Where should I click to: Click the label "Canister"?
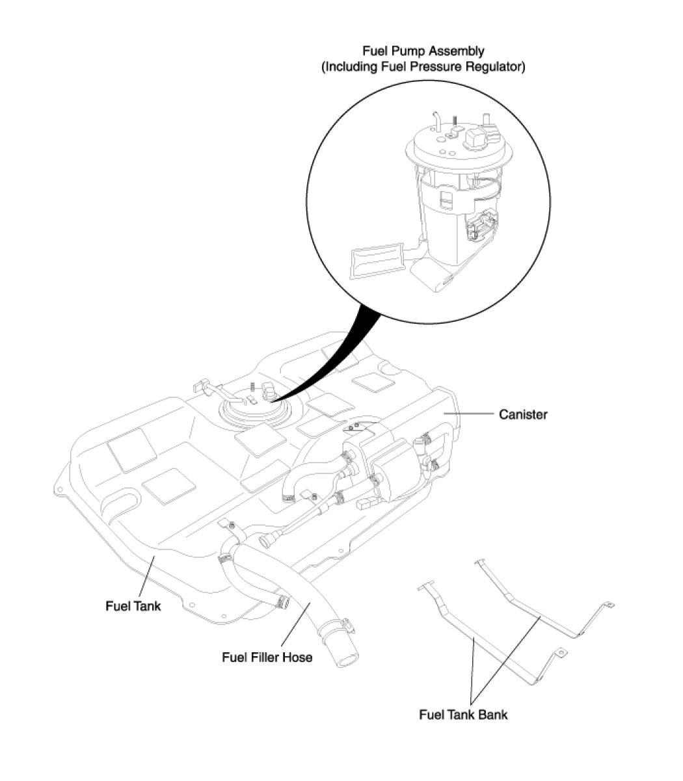pos(522,414)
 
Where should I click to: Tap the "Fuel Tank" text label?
pos(133,606)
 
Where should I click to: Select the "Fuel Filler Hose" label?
pos(267,657)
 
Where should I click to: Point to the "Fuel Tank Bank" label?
pos(463,715)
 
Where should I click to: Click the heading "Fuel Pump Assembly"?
pos(423,51)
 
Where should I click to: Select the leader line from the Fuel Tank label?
pos(147,577)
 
